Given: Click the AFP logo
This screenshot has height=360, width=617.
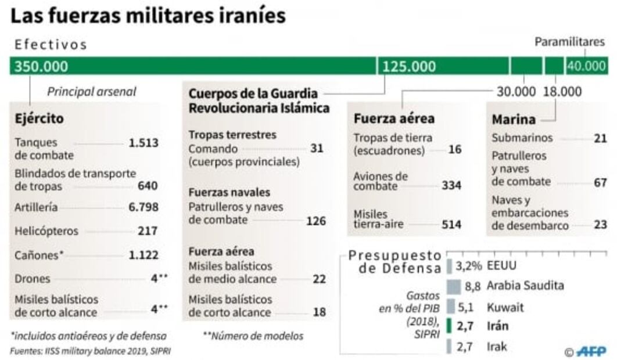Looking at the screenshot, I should pos(591,351).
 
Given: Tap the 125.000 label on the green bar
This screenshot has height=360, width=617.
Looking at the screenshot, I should pos(408,66).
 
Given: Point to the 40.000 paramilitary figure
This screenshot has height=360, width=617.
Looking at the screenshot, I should pos(587,66).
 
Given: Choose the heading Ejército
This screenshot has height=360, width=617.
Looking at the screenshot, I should pos(40,119).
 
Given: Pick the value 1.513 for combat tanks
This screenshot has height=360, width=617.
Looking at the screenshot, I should pos(143,143).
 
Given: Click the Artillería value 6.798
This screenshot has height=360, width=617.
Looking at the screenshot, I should pos(143,207).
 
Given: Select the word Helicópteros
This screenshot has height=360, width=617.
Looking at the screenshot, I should pos(46,231).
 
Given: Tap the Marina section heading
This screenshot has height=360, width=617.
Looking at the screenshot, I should pos(513,120).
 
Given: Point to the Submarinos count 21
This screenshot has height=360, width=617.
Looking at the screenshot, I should pos(600,138).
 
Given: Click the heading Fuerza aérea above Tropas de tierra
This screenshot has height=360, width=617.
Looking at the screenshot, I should pos(394,119).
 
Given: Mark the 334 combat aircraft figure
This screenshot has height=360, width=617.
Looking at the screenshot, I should pos(451,186).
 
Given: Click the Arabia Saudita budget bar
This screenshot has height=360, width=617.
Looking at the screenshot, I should pos(454,286).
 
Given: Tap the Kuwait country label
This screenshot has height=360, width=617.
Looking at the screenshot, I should pos(505,307).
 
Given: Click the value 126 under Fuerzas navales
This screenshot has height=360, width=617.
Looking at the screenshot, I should pos(316,221).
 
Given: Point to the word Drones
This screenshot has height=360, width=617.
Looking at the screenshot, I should pos(33,278).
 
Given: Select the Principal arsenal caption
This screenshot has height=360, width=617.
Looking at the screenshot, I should pos(92,91).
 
